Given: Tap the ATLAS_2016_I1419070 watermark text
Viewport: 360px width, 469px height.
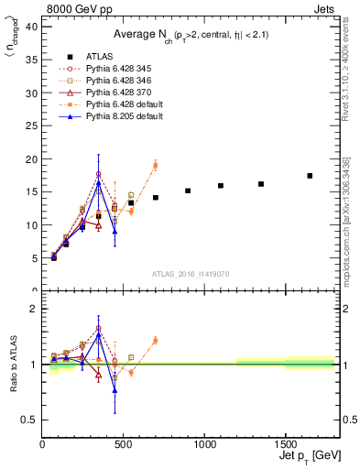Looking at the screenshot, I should (x=191, y=273).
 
